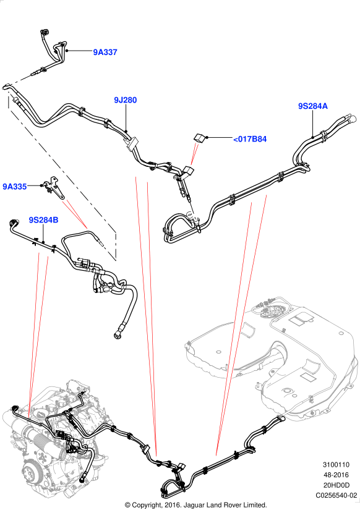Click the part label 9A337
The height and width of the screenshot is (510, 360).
click(105, 52)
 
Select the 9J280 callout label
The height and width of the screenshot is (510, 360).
click(126, 100)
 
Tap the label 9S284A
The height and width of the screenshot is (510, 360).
click(313, 106)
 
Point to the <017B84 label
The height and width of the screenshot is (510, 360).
click(250, 139)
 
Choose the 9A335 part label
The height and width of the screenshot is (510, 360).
click(15, 186)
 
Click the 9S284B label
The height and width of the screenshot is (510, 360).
click(44, 220)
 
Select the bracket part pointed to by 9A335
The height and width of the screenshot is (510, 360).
click(54, 188)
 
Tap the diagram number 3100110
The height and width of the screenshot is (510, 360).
click(336, 464)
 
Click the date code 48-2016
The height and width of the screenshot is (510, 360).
click(336, 475)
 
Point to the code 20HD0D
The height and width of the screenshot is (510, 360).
click(336, 485)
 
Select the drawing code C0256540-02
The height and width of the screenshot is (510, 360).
click(336, 495)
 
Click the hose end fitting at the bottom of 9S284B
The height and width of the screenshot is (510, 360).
click(118, 334)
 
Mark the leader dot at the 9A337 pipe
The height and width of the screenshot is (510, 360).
click(66, 51)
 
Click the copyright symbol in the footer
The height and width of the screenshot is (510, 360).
click(127, 505)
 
